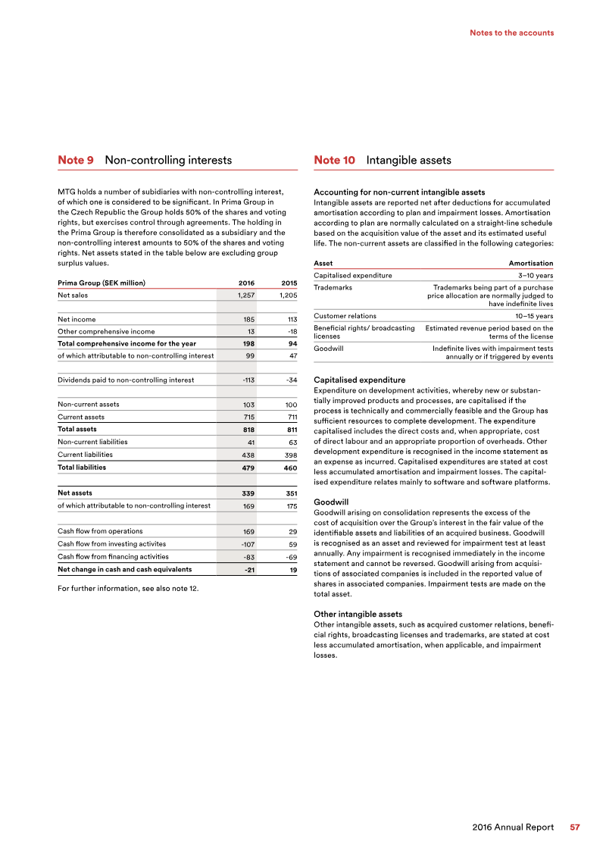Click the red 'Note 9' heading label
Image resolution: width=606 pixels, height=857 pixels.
pos(76,161)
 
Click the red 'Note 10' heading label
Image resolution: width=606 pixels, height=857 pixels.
pos(334,161)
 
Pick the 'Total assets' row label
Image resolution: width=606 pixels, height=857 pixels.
pos(77,429)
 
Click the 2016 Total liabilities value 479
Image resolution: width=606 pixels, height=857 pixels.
pos(246,468)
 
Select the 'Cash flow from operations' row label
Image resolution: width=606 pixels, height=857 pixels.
pos(100,531)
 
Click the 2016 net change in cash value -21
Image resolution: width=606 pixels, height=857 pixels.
pos(247,570)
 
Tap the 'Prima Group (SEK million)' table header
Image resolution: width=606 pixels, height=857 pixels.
pos(102,283)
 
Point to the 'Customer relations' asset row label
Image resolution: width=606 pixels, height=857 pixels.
pos(345,316)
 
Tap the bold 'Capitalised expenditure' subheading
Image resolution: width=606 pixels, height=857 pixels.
pos(359,380)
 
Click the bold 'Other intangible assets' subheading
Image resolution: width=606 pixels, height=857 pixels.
pos(358,614)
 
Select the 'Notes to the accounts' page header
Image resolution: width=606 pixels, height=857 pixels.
pos(511,33)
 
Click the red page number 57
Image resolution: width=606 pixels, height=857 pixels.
pos(575,827)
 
